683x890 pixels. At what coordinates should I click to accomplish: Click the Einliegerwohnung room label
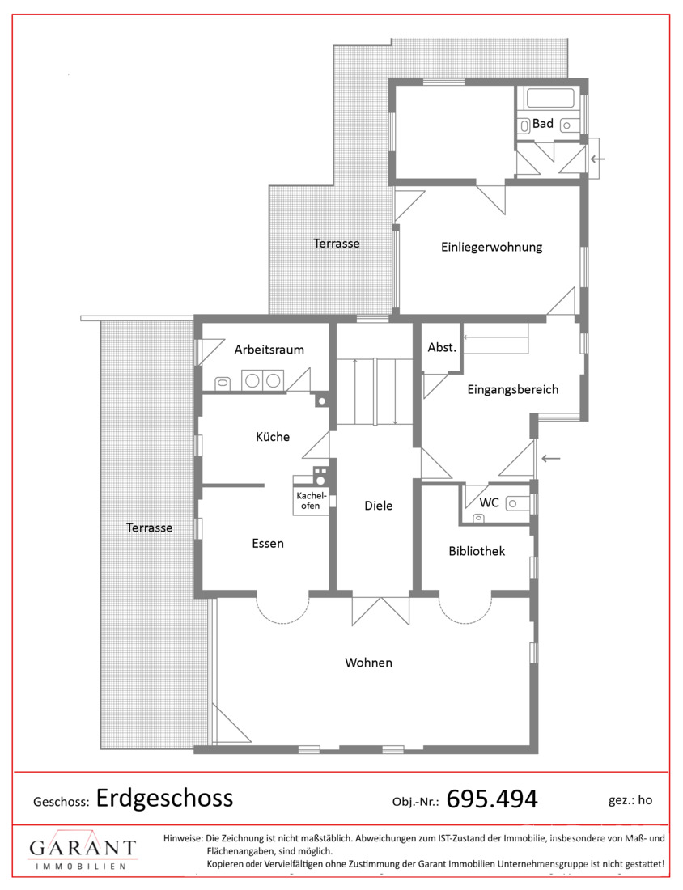pyautogui.click(x=492, y=247)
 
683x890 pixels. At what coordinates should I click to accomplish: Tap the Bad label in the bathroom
pyautogui.click(x=543, y=123)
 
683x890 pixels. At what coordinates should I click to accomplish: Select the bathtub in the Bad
pyautogui.click(x=549, y=98)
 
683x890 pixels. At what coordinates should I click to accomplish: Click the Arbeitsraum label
pyautogui.click(x=269, y=350)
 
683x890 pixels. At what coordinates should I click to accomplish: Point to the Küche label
pyautogui.click(x=273, y=436)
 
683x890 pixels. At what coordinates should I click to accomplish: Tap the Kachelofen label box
pyautogui.click(x=311, y=501)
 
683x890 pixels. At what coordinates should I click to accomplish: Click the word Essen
pyautogui.click(x=267, y=543)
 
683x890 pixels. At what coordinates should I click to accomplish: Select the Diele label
pyautogui.click(x=378, y=505)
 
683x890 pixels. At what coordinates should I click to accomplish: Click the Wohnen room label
pyautogui.click(x=368, y=663)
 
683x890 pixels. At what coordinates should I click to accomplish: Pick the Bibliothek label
pyautogui.click(x=477, y=550)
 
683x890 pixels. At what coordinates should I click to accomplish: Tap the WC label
pyautogui.click(x=489, y=502)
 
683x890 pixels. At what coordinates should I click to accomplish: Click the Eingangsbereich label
pyautogui.click(x=513, y=389)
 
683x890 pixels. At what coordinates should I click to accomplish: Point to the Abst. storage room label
pyautogui.click(x=442, y=347)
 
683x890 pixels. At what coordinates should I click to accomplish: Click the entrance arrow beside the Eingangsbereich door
pyautogui.click(x=551, y=458)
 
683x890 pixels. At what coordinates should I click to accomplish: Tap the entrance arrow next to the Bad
pyautogui.click(x=598, y=159)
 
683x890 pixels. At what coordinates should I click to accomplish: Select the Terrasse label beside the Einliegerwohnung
pyautogui.click(x=337, y=244)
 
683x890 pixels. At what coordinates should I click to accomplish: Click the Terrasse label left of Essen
pyautogui.click(x=150, y=528)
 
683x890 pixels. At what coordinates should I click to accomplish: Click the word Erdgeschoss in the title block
pyautogui.click(x=164, y=798)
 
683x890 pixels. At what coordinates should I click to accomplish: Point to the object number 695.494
pyautogui.click(x=492, y=799)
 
